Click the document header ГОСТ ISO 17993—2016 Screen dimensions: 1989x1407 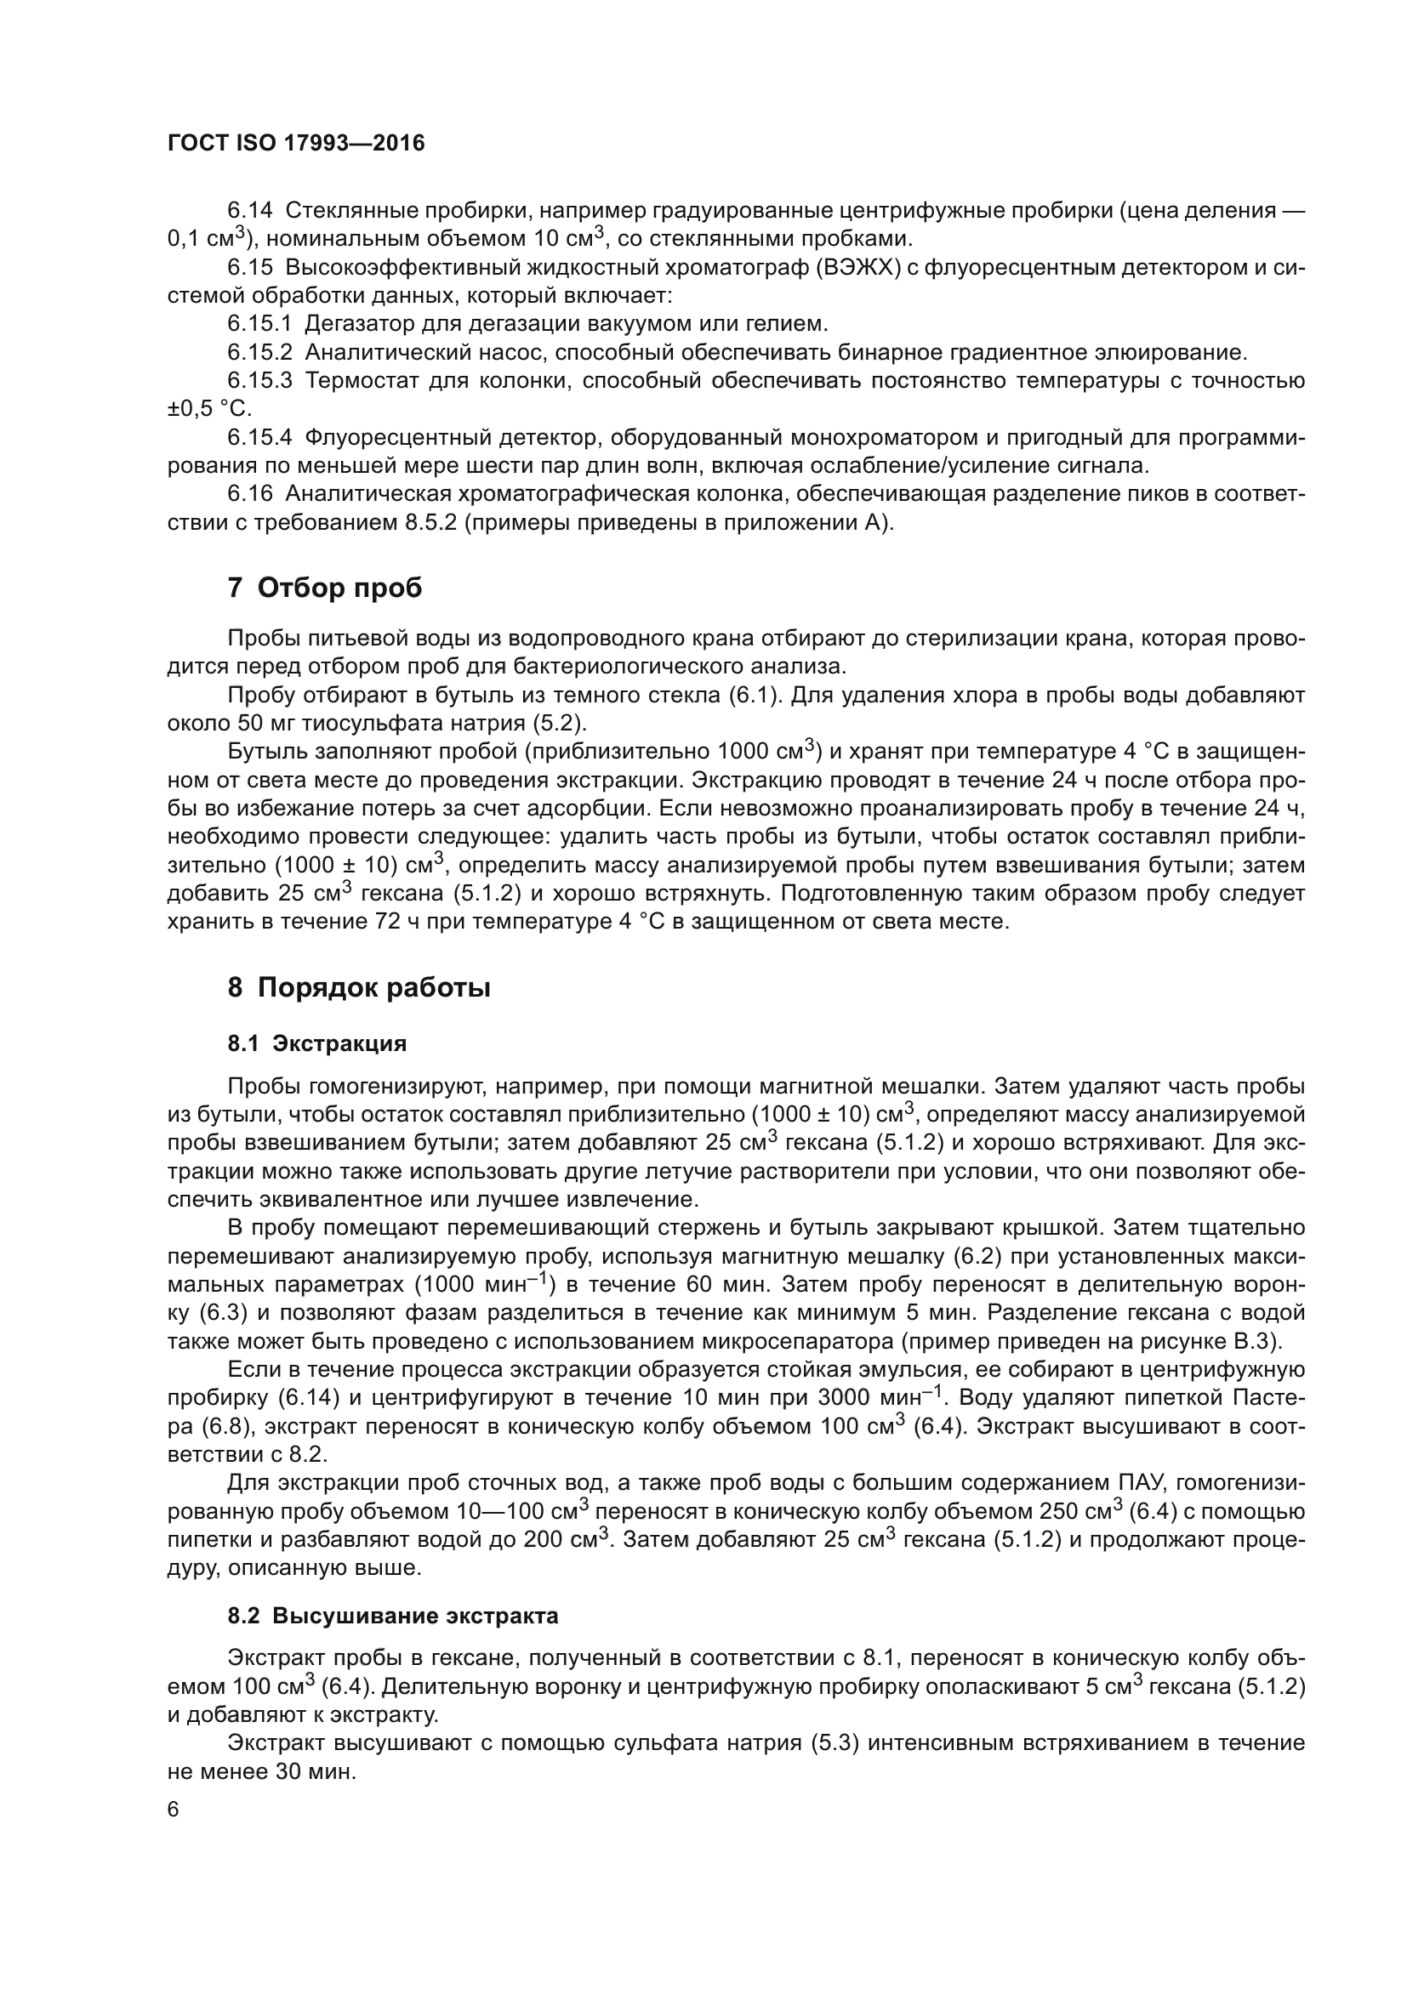point(296,144)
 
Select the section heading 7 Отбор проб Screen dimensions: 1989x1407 point(325,588)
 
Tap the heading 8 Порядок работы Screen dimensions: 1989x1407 point(359,987)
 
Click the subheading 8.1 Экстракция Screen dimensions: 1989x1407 point(317,1044)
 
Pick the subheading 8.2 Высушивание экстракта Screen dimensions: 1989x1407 point(392,1616)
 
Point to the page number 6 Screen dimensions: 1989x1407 point(174,1810)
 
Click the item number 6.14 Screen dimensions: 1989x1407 point(249,211)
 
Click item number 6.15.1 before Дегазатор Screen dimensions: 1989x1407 point(261,324)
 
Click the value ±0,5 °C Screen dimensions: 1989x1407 point(208,409)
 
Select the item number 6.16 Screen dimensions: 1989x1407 point(249,494)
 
